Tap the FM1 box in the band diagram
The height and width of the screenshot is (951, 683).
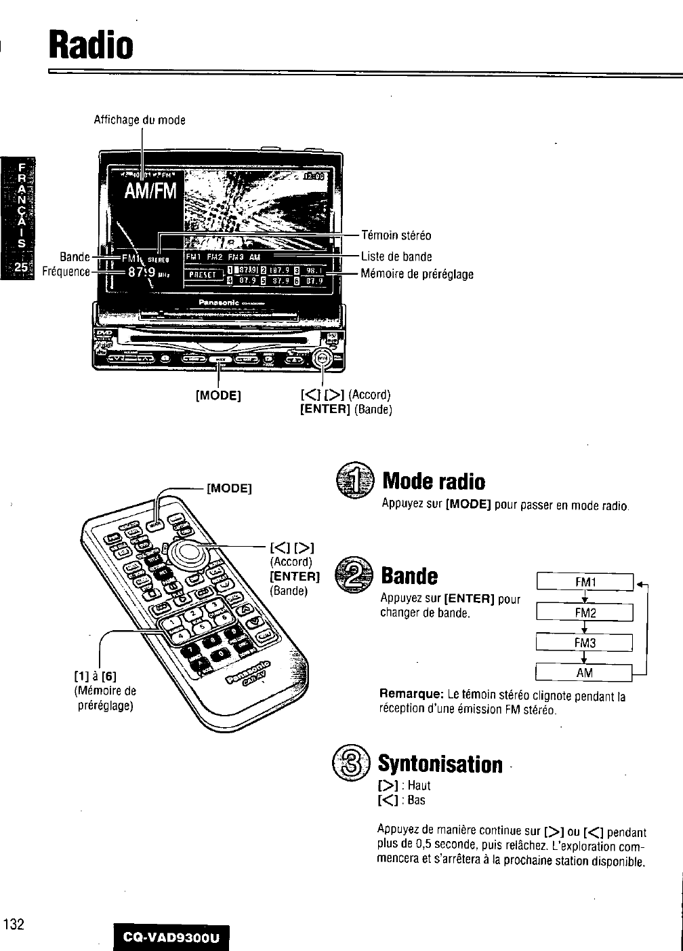tap(584, 582)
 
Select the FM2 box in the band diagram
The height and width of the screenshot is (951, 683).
tap(584, 613)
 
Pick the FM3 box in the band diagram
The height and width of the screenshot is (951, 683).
tap(584, 642)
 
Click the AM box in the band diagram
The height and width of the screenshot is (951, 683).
tap(584, 672)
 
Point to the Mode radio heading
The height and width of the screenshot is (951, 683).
tap(434, 482)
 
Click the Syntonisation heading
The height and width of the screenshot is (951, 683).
tap(440, 764)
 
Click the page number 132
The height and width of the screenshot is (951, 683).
tap(14, 924)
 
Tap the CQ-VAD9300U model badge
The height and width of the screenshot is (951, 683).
tap(172, 938)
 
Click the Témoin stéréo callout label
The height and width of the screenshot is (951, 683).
tap(396, 236)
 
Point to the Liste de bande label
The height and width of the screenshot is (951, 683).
tap(396, 256)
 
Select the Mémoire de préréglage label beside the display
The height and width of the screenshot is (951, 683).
tap(417, 274)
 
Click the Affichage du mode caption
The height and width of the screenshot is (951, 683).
tap(140, 120)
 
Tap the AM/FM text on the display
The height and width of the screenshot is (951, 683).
tap(149, 192)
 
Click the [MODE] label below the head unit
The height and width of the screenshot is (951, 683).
tap(219, 395)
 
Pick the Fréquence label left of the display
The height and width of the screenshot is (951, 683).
tap(66, 271)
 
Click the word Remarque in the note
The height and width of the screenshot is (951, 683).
tap(411, 696)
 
